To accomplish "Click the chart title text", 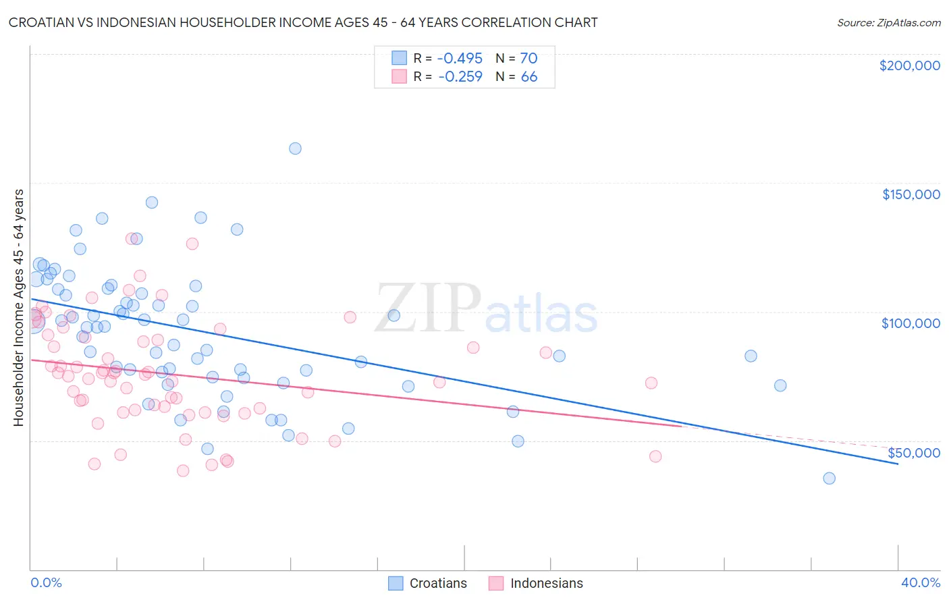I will (x=303, y=22).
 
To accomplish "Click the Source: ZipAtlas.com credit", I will (x=888, y=22).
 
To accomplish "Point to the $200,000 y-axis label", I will (x=909, y=65).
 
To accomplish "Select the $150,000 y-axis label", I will (x=911, y=194).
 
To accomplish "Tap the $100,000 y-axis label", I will (x=911, y=323).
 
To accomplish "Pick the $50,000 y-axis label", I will (x=913, y=452).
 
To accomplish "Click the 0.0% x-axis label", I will (x=46, y=582).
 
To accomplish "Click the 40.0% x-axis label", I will (x=920, y=582).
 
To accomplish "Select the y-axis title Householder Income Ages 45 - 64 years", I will (x=19, y=308).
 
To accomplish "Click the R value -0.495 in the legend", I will (x=460, y=58).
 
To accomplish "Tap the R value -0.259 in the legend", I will (x=460, y=77).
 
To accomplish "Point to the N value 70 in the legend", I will (x=528, y=58).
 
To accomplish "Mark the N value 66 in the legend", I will (x=528, y=77).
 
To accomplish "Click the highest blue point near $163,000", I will (x=295, y=148).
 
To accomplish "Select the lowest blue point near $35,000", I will (x=829, y=478).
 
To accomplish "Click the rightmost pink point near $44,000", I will (x=655, y=456).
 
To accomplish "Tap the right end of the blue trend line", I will (x=897, y=464).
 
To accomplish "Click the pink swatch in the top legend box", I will (x=399, y=77).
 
